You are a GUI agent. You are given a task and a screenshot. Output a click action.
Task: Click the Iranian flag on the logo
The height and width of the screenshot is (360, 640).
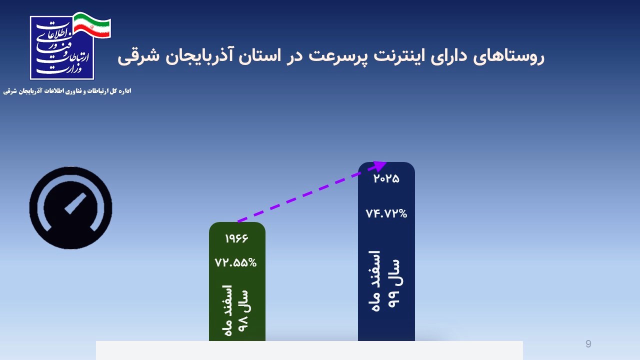(92, 25)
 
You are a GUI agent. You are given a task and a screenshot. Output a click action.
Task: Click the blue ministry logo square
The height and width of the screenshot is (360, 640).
(62, 48)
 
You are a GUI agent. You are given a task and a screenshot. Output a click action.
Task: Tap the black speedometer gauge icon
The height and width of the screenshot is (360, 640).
(70, 208)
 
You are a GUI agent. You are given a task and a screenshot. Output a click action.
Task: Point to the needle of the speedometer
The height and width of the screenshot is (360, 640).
(75, 203)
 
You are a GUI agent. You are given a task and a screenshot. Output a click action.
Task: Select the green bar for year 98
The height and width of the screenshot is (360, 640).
(237, 281)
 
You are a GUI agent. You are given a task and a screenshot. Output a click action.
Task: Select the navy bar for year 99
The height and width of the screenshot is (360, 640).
(386, 251)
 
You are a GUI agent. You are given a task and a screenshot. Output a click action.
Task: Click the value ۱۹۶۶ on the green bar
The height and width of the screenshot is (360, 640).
(236, 238)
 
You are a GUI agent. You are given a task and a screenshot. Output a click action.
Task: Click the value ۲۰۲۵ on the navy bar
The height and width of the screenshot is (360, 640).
(386, 178)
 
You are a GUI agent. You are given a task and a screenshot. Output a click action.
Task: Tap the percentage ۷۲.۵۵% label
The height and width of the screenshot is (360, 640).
(235, 262)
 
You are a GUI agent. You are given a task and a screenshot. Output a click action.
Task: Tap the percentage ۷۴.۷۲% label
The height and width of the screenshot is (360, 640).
(386, 213)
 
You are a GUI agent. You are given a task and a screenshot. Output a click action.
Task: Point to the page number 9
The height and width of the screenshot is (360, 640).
(588, 343)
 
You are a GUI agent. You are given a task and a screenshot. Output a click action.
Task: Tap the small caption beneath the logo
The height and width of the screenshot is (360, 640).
(67, 91)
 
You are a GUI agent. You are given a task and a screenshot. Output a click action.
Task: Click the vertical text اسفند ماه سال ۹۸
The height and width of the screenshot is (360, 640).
(236, 310)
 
